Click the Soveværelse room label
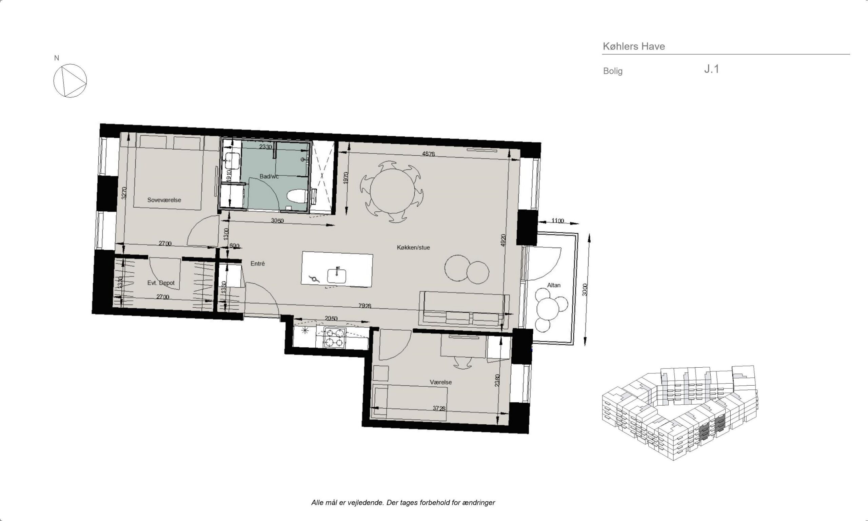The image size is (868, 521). click(x=164, y=200)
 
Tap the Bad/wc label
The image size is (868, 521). click(x=269, y=176)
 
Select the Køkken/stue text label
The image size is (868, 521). click(x=413, y=248)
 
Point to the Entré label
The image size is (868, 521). click(x=258, y=264)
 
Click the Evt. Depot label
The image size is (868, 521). click(x=161, y=283)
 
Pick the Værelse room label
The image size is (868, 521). click(x=441, y=382)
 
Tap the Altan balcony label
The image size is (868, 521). click(x=554, y=285)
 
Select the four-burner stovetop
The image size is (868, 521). click(x=335, y=337)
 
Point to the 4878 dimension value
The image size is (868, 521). click(x=428, y=154)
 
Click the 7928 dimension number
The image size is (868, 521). click(x=365, y=306)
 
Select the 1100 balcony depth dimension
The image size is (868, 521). click(x=557, y=221)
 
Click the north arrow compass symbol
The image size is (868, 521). click(x=70, y=81)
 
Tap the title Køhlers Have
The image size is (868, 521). click(x=634, y=46)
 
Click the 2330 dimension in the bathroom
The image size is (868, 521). click(x=265, y=147)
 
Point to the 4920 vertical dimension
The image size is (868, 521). click(x=503, y=240)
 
